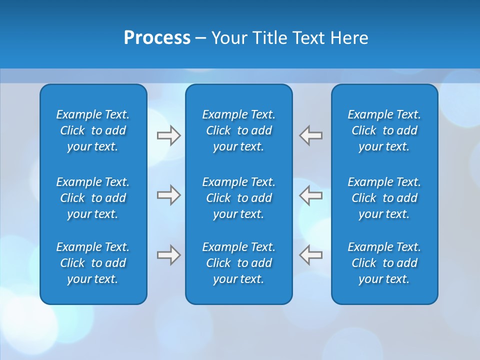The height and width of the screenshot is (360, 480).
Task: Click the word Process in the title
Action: click(157, 38)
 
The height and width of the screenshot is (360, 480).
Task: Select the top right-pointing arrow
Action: click(168, 135)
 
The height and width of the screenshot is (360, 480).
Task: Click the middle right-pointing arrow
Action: click(168, 195)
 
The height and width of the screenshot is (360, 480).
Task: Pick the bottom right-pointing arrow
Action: click(168, 255)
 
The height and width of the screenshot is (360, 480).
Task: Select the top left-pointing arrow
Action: click(311, 135)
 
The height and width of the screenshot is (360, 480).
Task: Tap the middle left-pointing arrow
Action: click(311, 195)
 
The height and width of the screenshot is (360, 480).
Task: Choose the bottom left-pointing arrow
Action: click(311, 255)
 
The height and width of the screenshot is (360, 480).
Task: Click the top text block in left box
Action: click(93, 130)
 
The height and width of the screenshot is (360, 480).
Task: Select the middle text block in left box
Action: click(93, 198)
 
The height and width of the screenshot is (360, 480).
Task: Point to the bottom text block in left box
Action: click(93, 263)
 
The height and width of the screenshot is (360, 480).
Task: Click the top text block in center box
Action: click(238, 130)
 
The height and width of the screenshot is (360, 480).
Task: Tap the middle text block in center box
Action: click(238, 198)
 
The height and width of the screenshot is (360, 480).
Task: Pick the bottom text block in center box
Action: click(238, 263)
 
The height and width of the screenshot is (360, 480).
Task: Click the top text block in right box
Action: click(384, 130)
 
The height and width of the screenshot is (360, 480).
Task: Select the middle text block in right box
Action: click(384, 198)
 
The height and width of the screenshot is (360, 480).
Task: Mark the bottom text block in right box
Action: click(384, 263)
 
